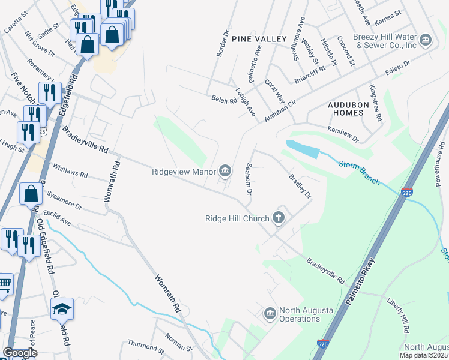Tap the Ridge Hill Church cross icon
pyautogui.click(x=278, y=218)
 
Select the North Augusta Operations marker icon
pyautogui.click(x=270, y=313)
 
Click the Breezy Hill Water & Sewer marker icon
pyautogui.click(x=426, y=41)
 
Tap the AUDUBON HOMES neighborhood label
pyautogui.click(x=351, y=109)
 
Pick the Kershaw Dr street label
pyautogui.click(x=343, y=134)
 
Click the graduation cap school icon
pyautogui.click(x=61, y=309)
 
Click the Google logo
pyautogui.click(x=19, y=353)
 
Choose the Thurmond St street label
pyautogui.click(x=145, y=346)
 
